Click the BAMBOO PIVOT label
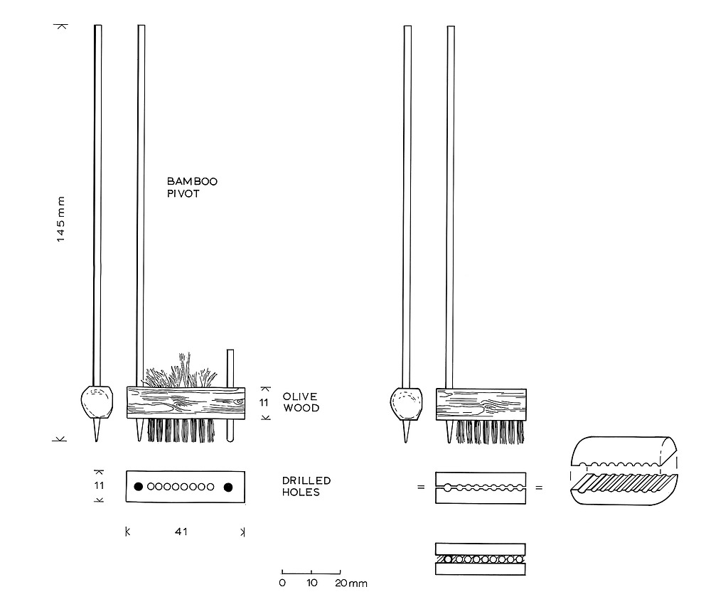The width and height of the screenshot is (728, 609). pyautogui.click(x=192, y=188)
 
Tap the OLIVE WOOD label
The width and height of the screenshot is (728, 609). pyautogui.click(x=301, y=402)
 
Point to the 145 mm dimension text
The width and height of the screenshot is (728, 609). pyautogui.click(x=61, y=220)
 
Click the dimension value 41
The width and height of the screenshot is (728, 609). pyautogui.click(x=181, y=531)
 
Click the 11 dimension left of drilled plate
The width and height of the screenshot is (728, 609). pyautogui.click(x=100, y=486)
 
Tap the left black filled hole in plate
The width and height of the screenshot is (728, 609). pyautogui.click(x=139, y=487)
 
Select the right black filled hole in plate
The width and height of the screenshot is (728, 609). pyautogui.click(x=228, y=487)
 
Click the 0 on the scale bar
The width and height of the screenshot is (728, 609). pyautogui.click(x=282, y=583)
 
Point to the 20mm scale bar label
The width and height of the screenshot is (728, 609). pyautogui.click(x=353, y=583)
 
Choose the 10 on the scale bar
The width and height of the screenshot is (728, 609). pyautogui.click(x=311, y=583)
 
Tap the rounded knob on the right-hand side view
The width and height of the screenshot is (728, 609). pyautogui.click(x=407, y=406)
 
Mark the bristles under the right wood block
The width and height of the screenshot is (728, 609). pyautogui.click(x=490, y=432)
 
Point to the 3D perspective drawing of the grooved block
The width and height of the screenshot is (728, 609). pyautogui.click(x=623, y=473)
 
